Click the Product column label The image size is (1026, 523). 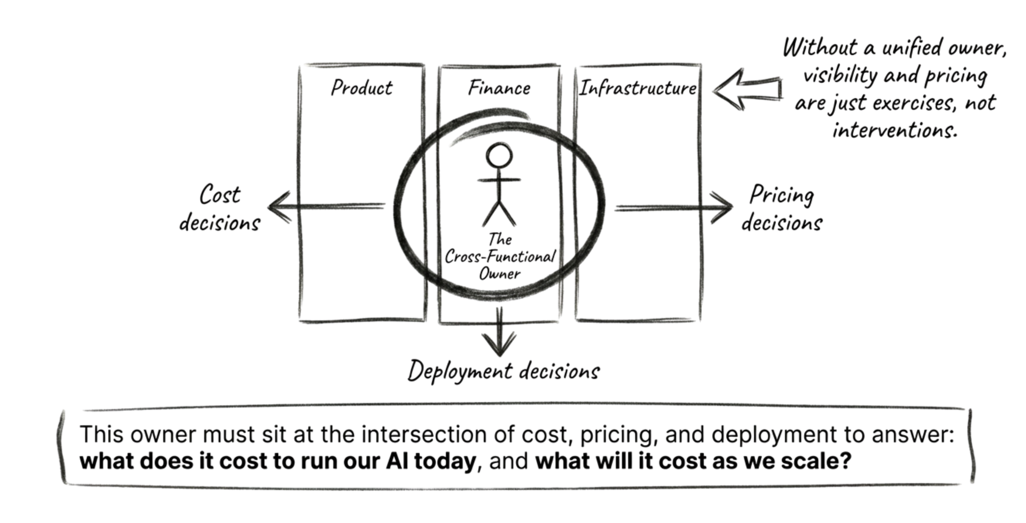click(362, 88)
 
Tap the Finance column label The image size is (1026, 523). click(499, 88)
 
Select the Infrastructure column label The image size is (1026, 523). click(638, 88)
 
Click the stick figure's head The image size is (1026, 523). click(499, 155)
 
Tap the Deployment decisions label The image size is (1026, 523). click(503, 371)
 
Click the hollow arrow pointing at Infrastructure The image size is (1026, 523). click(747, 89)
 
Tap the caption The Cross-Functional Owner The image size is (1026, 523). click(500, 256)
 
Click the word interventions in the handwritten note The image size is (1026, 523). click(895, 130)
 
